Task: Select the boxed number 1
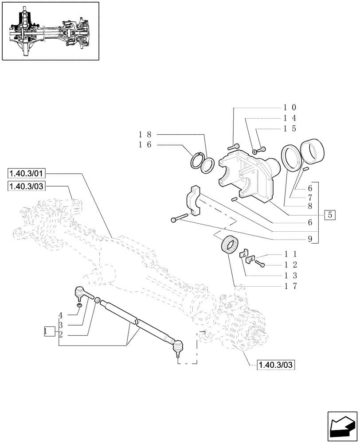49,331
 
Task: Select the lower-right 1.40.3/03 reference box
276,365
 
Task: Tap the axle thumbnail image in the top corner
50,31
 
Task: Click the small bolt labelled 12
260,264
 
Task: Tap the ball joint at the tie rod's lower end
178,346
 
